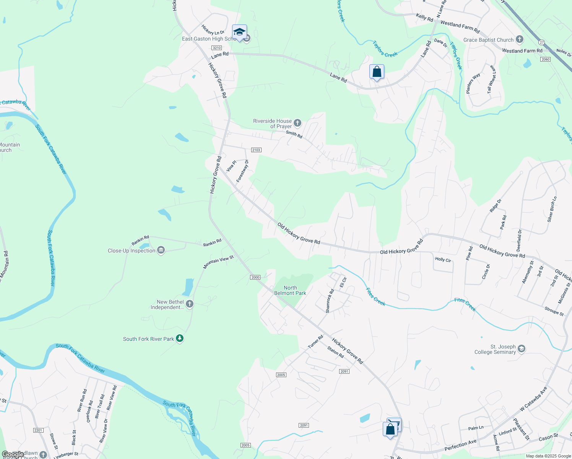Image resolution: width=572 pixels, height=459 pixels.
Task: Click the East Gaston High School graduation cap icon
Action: (239, 32)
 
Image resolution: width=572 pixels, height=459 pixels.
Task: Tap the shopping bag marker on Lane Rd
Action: (377, 72)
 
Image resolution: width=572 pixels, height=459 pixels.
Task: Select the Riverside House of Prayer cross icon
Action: (297, 123)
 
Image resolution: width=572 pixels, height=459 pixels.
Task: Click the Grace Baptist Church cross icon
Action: (519, 39)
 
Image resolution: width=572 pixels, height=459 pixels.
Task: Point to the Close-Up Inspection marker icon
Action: (161, 251)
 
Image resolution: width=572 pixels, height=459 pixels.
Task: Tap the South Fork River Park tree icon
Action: (180, 339)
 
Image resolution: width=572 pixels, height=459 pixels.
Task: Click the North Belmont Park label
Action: (290, 290)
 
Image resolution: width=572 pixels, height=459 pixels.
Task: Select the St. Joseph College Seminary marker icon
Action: (522, 349)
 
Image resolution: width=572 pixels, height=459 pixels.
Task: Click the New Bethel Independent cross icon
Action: (190, 304)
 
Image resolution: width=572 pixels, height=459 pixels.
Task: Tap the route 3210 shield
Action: (217, 48)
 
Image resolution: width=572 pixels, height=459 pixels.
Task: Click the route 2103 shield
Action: (256, 150)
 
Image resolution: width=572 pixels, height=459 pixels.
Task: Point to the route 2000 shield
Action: (255, 277)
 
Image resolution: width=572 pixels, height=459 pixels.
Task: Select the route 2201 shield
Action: (38, 430)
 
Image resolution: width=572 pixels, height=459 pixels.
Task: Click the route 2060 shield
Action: (545, 59)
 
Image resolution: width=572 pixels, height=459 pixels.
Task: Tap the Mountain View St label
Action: (218, 262)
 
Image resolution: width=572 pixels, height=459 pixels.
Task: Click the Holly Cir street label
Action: (443, 259)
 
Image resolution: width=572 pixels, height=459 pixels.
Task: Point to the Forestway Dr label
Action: (242, 171)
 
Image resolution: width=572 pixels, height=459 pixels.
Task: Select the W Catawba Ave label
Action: (533, 399)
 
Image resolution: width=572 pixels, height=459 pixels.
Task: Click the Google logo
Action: (13, 454)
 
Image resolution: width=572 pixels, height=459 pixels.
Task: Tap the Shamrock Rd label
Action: (330, 301)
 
